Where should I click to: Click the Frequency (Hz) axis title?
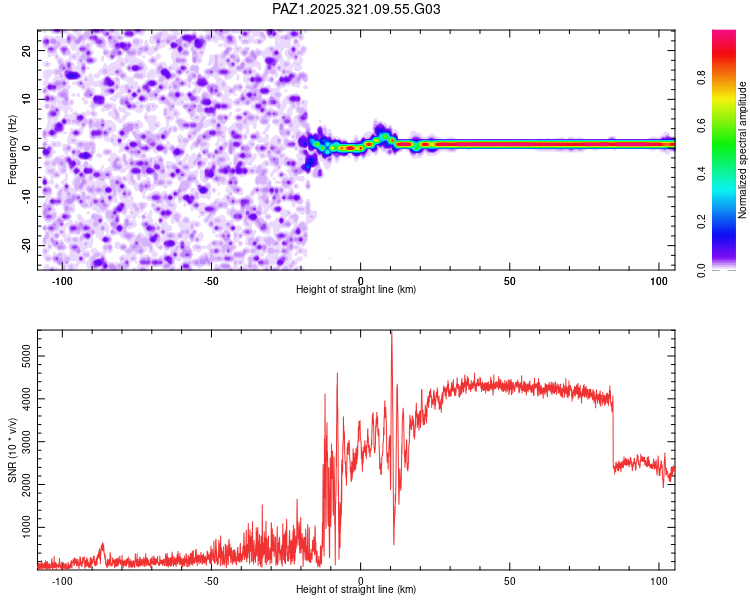(12, 148)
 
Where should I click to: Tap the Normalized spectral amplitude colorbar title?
(743, 150)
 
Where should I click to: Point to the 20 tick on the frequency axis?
(26, 50)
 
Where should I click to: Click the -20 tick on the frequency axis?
(24, 246)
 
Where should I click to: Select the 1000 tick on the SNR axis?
(22, 526)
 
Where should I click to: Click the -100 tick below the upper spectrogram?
(62, 281)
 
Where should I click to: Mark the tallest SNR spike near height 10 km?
(391, 334)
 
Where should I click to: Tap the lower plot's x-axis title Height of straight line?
(356, 590)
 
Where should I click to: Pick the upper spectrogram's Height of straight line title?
(356, 290)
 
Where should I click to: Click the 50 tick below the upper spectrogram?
(509, 281)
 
